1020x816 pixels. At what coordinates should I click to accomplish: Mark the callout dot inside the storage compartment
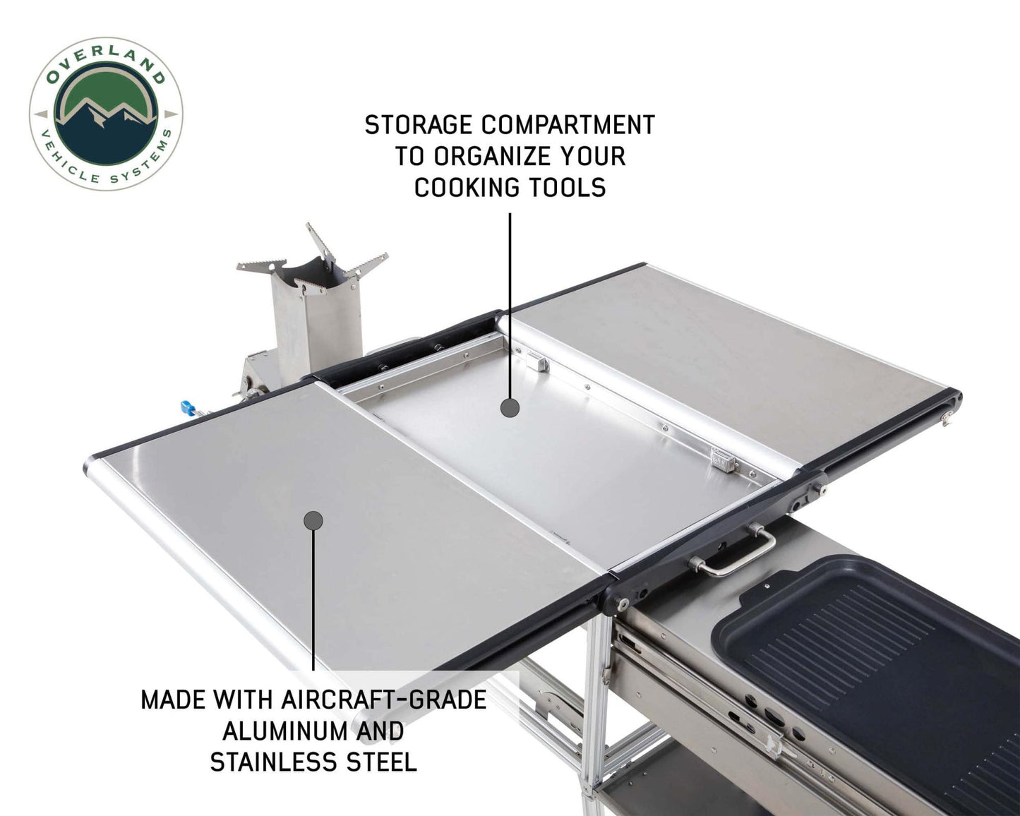510,407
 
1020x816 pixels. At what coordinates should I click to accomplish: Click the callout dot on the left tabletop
313,521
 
